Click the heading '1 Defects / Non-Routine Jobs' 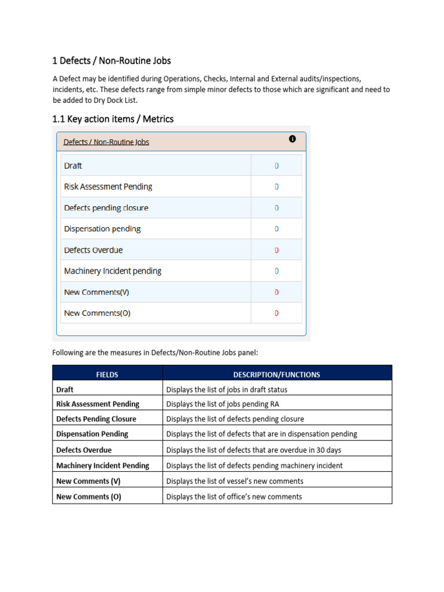point(112,61)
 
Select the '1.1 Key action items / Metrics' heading point(113,119)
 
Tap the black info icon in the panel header point(292,139)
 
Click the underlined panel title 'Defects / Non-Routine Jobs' point(106,142)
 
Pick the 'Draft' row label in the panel point(73,166)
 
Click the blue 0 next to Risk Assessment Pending point(276,187)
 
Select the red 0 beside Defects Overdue point(276,250)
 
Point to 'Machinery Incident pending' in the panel point(113,271)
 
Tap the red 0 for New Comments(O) point(276,313)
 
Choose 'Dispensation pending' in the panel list point(102,229)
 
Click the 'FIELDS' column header point(107,375)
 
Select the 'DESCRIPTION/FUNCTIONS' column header point(276,375)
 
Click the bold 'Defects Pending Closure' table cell point(97,419)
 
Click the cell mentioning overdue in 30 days point(253,450)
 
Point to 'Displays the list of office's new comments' point(234,497)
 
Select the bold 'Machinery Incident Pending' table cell point(102,465)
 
